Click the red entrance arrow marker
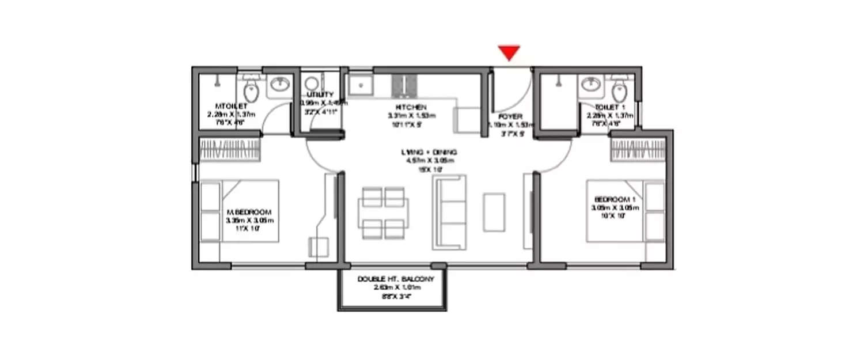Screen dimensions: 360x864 click(x=509, y=53)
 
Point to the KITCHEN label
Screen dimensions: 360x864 click(x=411, y=107)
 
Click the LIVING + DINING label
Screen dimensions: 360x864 click(x=430, y=152)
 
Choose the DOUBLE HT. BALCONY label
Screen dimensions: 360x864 click(x=395, y=279)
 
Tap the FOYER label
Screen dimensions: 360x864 click(x=510, y=116)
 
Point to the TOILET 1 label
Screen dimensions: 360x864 click(x=609, y=107)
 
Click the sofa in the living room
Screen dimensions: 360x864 click(x=449, y=211)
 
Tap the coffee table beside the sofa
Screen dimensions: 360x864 click(x=494, y=212)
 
